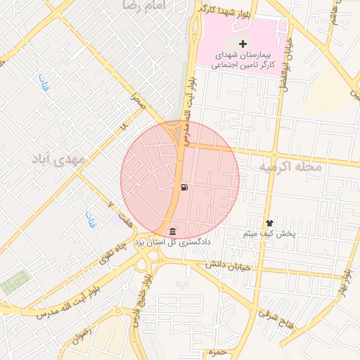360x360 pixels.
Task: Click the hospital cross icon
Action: point(243,44)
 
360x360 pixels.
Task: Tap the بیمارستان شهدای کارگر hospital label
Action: point(243,59)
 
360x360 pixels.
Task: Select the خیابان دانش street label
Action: point(228,266)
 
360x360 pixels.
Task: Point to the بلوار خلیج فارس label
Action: point(141,302)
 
